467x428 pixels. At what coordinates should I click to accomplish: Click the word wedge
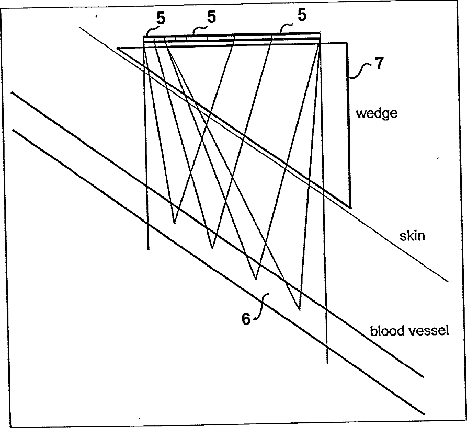[x=377, y=113]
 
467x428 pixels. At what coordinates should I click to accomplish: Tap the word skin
[x=412, y=236]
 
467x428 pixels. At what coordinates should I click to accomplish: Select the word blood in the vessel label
[x=385, y=331]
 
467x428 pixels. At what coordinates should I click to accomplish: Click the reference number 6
[x=246, y=319]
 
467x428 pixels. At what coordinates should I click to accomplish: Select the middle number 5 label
[x=211, y=17]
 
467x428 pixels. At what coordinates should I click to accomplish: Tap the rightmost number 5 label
[x=302, y=16]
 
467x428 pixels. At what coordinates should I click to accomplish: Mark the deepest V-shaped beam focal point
[x=299, y=310]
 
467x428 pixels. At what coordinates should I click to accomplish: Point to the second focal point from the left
[x=212, y=248]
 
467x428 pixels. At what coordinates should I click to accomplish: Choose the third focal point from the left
[x=256, y=279]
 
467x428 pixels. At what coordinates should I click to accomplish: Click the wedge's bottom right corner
[x=349, y=207]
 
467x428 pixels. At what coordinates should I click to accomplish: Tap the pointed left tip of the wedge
[x=118, y=48]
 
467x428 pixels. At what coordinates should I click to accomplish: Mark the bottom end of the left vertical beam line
[x=149, y=249]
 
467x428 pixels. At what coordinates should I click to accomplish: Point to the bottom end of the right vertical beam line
[x=327, y=363]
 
